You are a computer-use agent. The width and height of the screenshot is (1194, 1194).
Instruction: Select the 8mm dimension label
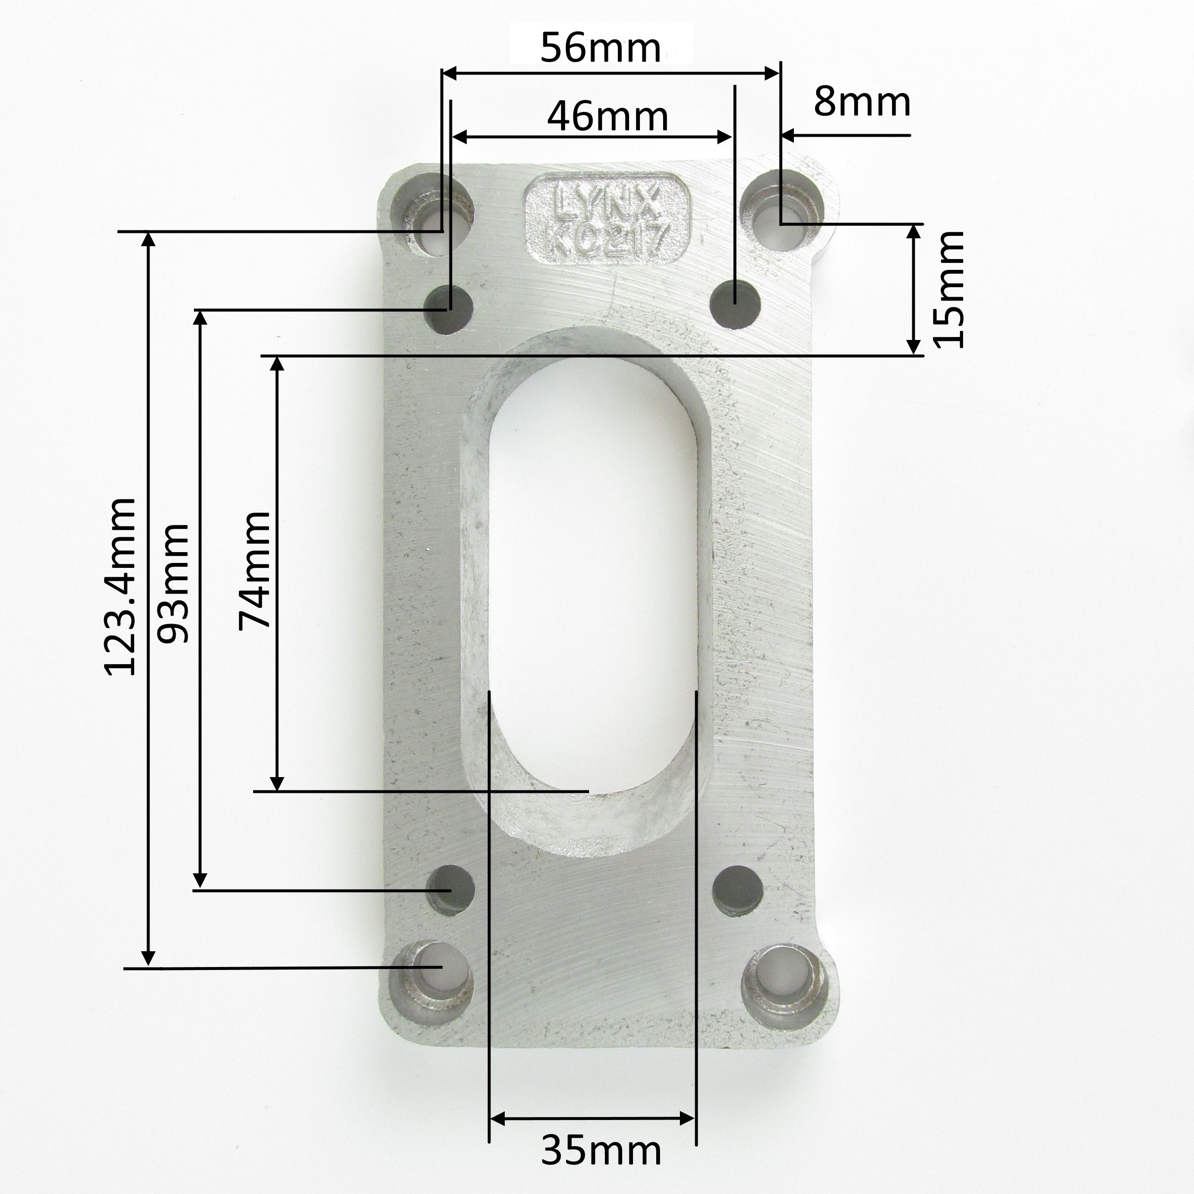(x=861, y=102)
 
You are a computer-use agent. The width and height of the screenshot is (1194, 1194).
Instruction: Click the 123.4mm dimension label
(x=120, y=586)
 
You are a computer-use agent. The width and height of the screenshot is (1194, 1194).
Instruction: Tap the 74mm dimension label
(x=255, y=570)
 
